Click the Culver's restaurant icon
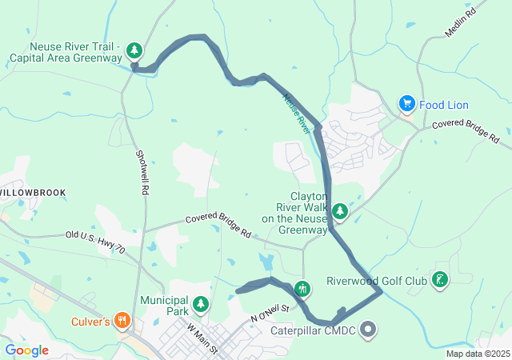coord(122,321)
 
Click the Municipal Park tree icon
coord(201,303)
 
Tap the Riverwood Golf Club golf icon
coord(439,279)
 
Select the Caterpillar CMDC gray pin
coord(368,328)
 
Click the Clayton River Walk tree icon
coord(341,211)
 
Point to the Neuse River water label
coord(297,111)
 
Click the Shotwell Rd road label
coord(142,172)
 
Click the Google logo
coord(26,350)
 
